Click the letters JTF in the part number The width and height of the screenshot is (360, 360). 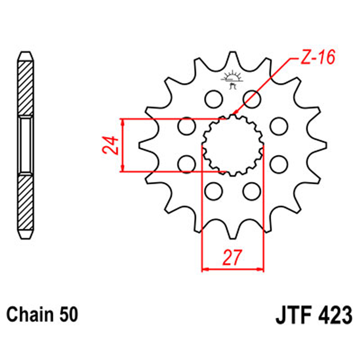(x=293, y=317)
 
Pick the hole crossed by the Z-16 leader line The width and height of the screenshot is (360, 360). (x=252, y=99)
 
